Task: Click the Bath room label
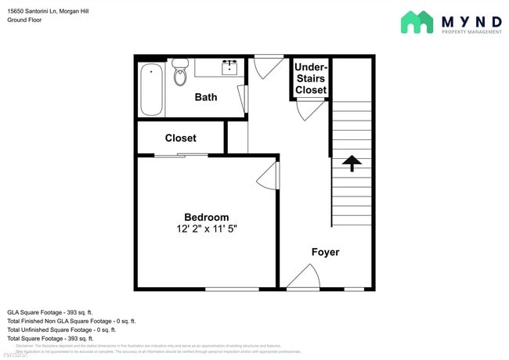(x=206, y=97)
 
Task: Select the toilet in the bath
(x=180, y=72)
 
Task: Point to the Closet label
(x=180, y=138)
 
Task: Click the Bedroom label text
(x=206, y=217)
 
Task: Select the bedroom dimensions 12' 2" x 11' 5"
(x=206, y=229)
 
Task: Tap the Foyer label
(x=325, y=252)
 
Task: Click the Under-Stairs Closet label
(x=310, y=78)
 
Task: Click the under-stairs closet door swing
(x=309, y=110)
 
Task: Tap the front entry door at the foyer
(x=301, y=277)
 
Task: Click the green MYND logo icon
(x=417, y=22)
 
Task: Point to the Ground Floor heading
(x=25, y=20)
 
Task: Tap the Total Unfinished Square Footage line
(x=62, y=330)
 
